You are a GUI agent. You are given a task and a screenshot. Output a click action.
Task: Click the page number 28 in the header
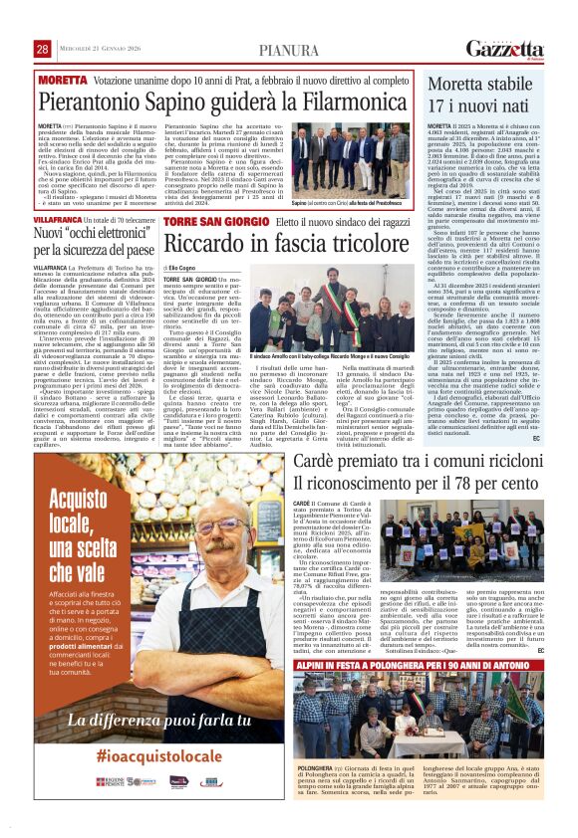43,49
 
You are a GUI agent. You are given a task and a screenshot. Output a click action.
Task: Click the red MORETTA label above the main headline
64,78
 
